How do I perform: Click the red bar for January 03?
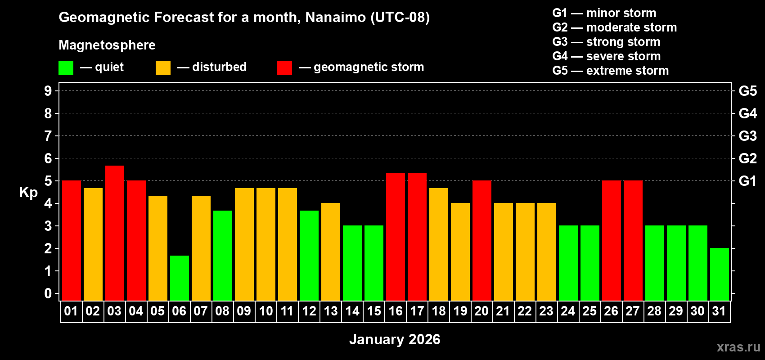click(115, 233)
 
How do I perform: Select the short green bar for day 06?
click(180, 278)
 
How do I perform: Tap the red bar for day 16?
click(396, 237)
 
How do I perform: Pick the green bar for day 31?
click(720, 274)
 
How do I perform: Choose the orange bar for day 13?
click(331, 252)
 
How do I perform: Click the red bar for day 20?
click(482, 240)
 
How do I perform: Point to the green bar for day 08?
click(223, 255)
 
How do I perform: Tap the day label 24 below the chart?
click(568, 311)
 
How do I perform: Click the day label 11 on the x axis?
click(287, 311)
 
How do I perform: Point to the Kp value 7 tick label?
click(48, 136)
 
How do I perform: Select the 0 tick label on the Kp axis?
click(48, 294)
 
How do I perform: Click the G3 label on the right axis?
click(747, 136)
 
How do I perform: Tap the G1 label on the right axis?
click(747, 181)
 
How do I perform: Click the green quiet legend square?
click(66, 68)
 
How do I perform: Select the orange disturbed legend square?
click(163, 68)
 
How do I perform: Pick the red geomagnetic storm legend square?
click(284, 68)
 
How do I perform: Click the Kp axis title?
click(28, 193)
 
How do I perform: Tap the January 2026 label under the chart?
click(395, 339)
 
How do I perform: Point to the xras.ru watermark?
click(738, 347)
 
